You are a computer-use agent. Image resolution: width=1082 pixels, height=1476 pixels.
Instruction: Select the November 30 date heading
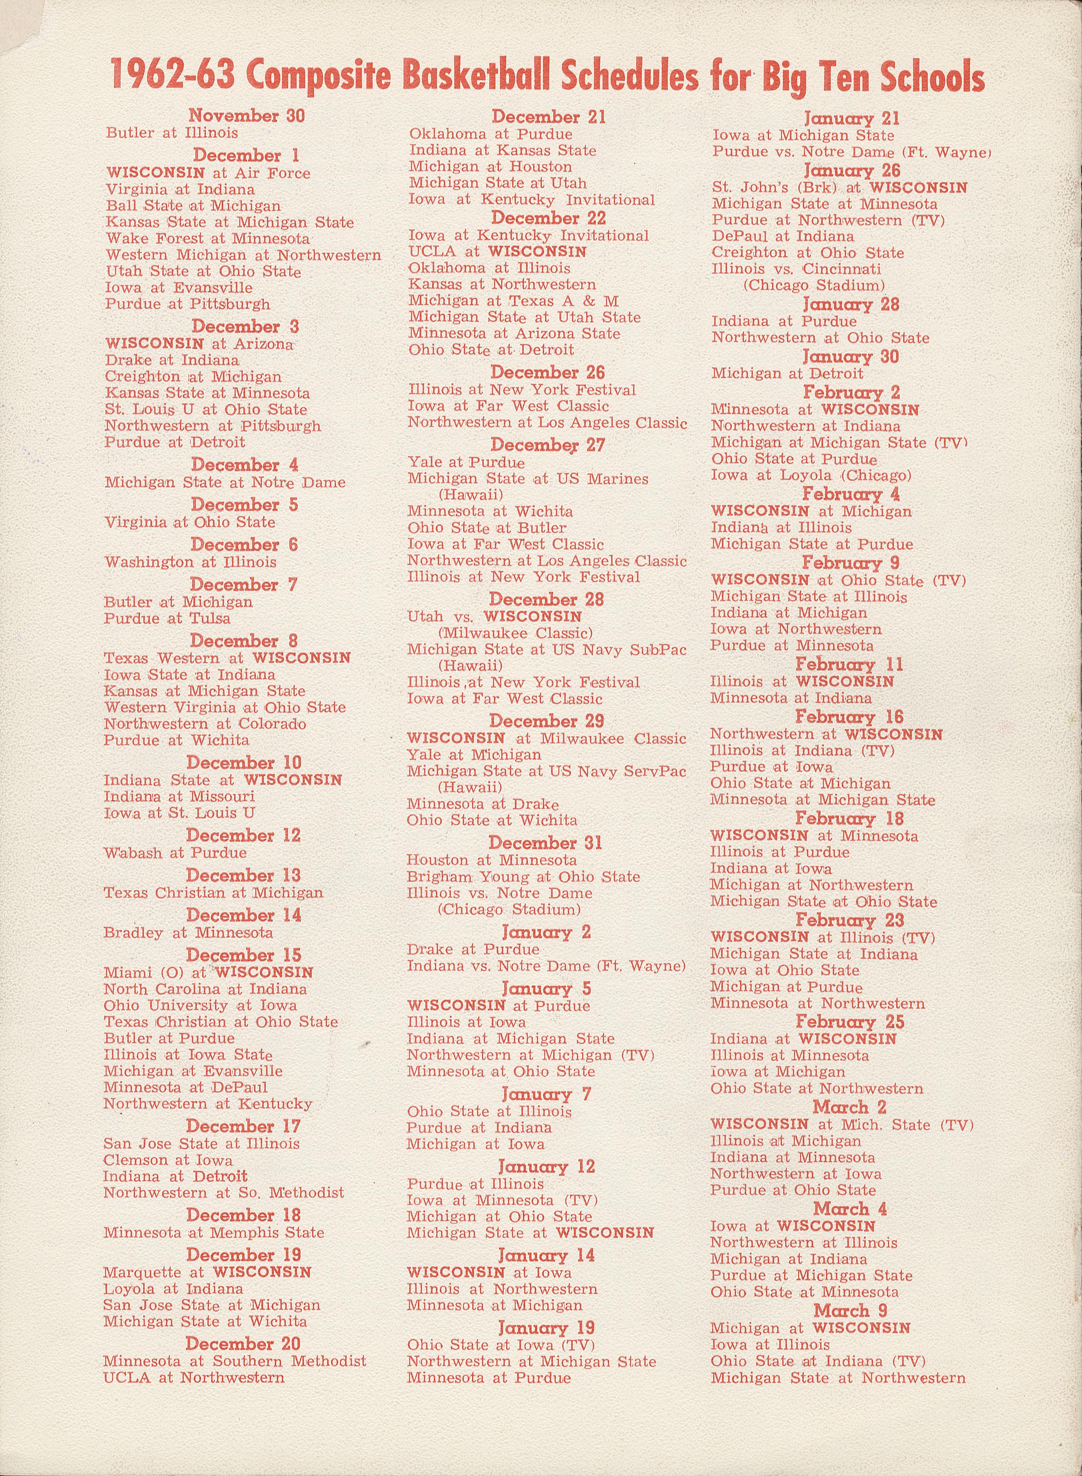pos(247,116)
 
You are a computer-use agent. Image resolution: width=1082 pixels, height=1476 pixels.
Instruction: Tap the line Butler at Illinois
pos(172,133)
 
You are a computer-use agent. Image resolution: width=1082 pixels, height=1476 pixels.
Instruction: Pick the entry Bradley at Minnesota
pos(188,933)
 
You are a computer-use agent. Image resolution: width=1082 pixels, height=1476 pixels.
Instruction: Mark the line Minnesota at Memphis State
pos(214,1233)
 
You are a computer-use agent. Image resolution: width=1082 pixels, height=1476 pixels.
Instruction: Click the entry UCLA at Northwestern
pos(194,1378)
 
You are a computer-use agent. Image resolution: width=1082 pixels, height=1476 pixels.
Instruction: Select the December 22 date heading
pos(549,218)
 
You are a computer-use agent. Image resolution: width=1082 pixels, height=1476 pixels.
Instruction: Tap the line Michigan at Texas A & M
pos(513,302)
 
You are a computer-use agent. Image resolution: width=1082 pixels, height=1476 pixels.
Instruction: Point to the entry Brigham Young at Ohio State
pos(523,877)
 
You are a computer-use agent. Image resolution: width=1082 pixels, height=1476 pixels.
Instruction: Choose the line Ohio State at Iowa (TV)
pos(501,1345)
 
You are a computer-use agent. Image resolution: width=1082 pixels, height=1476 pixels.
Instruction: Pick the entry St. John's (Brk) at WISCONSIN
pos(840,188)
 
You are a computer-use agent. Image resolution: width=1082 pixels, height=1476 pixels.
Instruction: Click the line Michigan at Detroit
pos(787,374)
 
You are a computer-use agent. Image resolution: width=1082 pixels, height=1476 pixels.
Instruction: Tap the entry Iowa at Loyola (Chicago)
pos(811,475)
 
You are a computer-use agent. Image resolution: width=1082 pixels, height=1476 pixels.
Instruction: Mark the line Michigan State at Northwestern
pos(838,1378)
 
